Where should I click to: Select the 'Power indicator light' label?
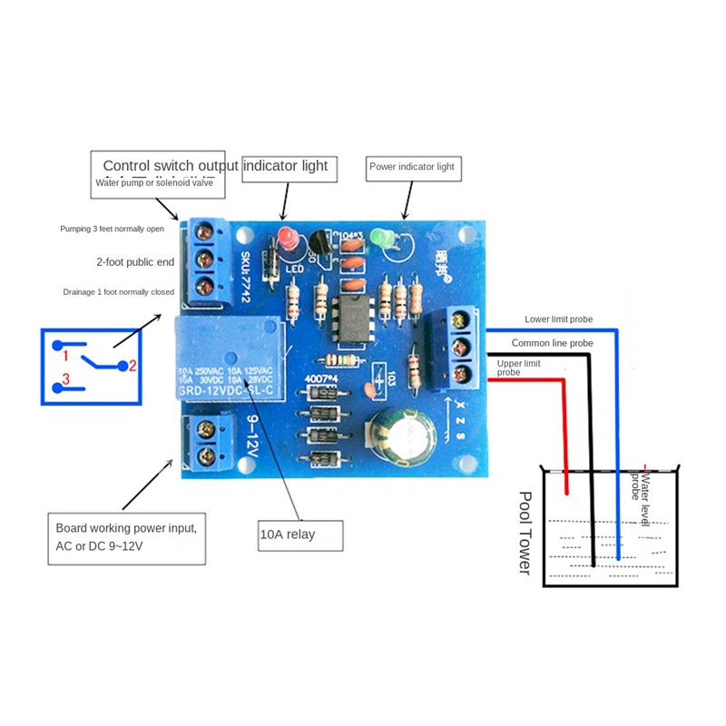click(x=411, y=167)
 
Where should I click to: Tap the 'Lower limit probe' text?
click(x=558, y=319)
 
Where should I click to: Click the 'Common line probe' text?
click(x=552, y=343)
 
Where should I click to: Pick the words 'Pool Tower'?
click(x=525, y=533)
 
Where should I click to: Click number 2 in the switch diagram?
click(x=132, y=366)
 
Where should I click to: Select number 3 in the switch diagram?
click(x=64, y=378)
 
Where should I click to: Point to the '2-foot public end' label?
click(x=134, y=261)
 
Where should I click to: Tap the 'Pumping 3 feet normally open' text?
click(x=112, y=229)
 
